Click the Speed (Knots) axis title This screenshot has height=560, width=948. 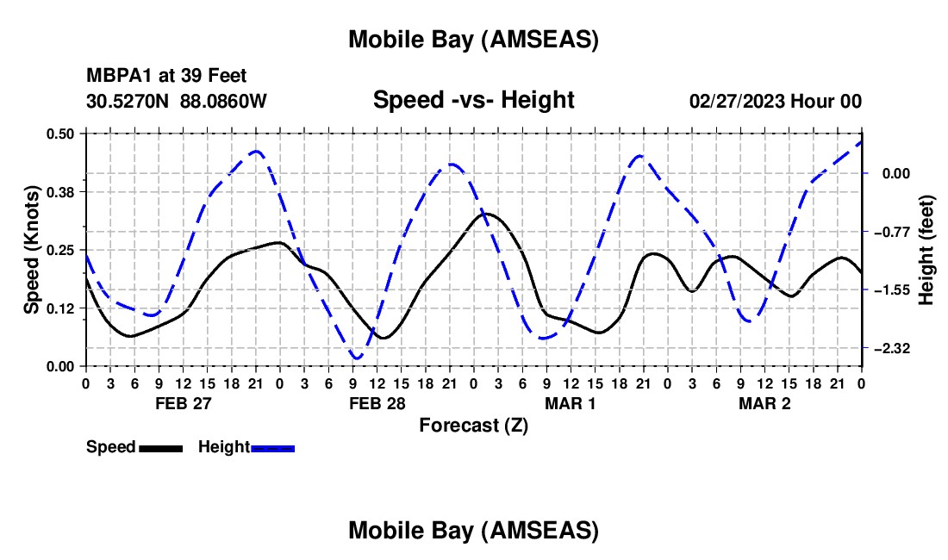pos(31,250)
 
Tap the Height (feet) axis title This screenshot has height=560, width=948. pos(927,250)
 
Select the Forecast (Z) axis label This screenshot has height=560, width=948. pos(473,425)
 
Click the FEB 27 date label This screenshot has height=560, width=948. pos(182,403)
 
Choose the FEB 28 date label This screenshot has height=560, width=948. pos(377,403)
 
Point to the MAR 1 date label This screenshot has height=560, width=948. pos(571,403)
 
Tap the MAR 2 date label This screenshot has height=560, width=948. pos(765,403)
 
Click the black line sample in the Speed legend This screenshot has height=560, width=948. pos(160,447)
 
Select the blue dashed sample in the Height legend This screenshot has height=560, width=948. pos(273,447)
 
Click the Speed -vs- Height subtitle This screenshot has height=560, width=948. pos(473,100)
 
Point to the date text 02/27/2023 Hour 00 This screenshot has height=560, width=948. pos(776,101)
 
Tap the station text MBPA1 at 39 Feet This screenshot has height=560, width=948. pos(166,76)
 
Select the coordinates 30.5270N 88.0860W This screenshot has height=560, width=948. pos(177,101)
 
